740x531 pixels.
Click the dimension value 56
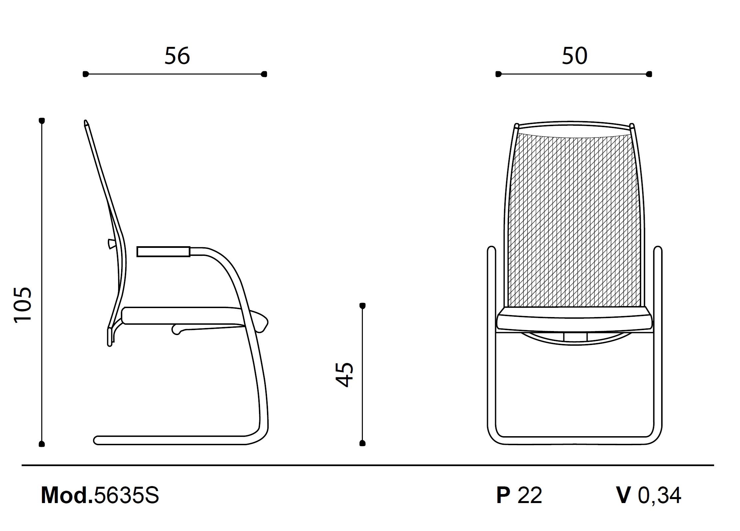point(177,56)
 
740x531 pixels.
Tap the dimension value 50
point(575,56)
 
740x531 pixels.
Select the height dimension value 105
point(23,304)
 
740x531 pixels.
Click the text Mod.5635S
point(100,495)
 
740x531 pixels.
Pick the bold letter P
point(503,495)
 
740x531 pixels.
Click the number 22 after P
point(530,495)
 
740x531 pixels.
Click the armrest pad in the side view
point(163,252)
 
